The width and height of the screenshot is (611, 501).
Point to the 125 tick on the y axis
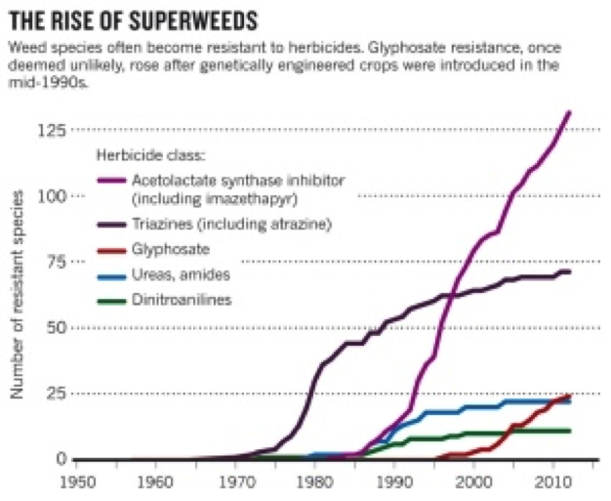pos(52,130)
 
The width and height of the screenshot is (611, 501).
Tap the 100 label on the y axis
pos(52,196)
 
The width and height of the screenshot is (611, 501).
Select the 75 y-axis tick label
pos(56,262)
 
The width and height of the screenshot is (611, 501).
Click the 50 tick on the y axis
pos(56,327)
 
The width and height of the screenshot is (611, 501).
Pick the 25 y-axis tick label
pos(56,394)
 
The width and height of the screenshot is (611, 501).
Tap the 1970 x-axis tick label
pos(233,481)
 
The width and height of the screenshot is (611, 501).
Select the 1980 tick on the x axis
pos(312,481)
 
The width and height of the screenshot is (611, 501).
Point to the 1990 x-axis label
pos(393,481)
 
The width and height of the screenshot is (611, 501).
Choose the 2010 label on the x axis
pos(552,481)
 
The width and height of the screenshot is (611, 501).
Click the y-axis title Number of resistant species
pos(17,293)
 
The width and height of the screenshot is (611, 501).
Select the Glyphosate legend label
pos(170,250)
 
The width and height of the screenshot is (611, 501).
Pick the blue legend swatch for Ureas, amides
pos(112,275)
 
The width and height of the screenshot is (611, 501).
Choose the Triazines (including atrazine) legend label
pos(231,225)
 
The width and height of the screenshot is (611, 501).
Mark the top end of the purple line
pos(569,112)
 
